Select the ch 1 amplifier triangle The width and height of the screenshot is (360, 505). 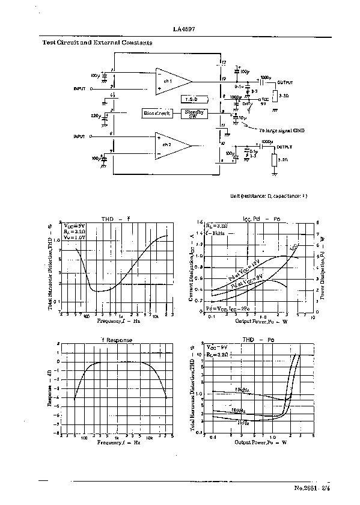171,81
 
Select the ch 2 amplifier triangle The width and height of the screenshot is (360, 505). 171,146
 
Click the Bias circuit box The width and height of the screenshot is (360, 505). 156,113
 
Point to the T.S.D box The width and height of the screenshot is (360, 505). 192,98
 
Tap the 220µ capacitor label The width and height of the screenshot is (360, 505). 96,114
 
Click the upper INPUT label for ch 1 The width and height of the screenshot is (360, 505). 80,88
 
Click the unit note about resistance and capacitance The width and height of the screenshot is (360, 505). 269,196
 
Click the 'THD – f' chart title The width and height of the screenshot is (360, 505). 115,219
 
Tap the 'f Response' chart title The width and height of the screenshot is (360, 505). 116,340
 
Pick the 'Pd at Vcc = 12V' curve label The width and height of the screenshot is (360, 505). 243,271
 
